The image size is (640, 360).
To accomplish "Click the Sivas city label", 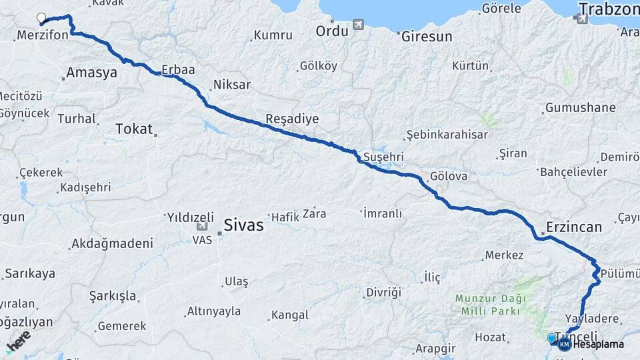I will coord(243,225).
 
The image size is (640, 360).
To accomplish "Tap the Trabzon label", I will coord(609,9).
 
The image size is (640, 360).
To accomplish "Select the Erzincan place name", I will coord(574,227).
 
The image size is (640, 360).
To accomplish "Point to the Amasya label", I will coord(92,73).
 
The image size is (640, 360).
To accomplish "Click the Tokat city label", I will coord(134,129).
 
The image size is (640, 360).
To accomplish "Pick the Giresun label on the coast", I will coord(427,37).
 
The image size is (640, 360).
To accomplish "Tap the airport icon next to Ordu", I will coord(359,25).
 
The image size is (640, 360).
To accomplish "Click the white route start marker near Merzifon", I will coord(41,18).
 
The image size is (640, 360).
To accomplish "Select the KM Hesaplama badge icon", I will coord(565,344).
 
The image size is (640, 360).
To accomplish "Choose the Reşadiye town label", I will coord(292,119).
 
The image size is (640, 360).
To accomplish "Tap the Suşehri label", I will coord(383,157).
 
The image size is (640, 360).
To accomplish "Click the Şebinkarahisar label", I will coord(447,135).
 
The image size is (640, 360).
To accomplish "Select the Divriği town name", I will coord(383,293).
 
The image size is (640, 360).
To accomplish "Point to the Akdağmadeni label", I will coord(111,243).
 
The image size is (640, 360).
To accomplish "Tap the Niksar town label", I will coord(231,85).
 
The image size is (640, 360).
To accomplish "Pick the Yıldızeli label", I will coord(190,217).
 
